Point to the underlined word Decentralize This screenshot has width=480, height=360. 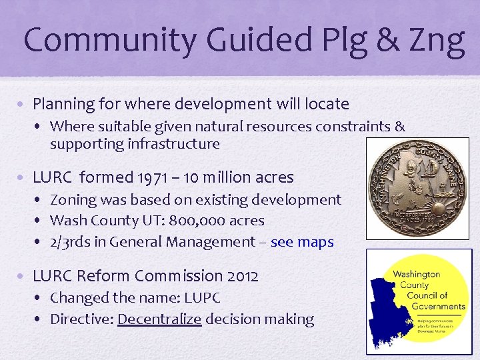tap(159, 319)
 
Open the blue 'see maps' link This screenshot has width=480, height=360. tap(302, 242)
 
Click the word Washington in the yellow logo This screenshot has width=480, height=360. tap(417, 274)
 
